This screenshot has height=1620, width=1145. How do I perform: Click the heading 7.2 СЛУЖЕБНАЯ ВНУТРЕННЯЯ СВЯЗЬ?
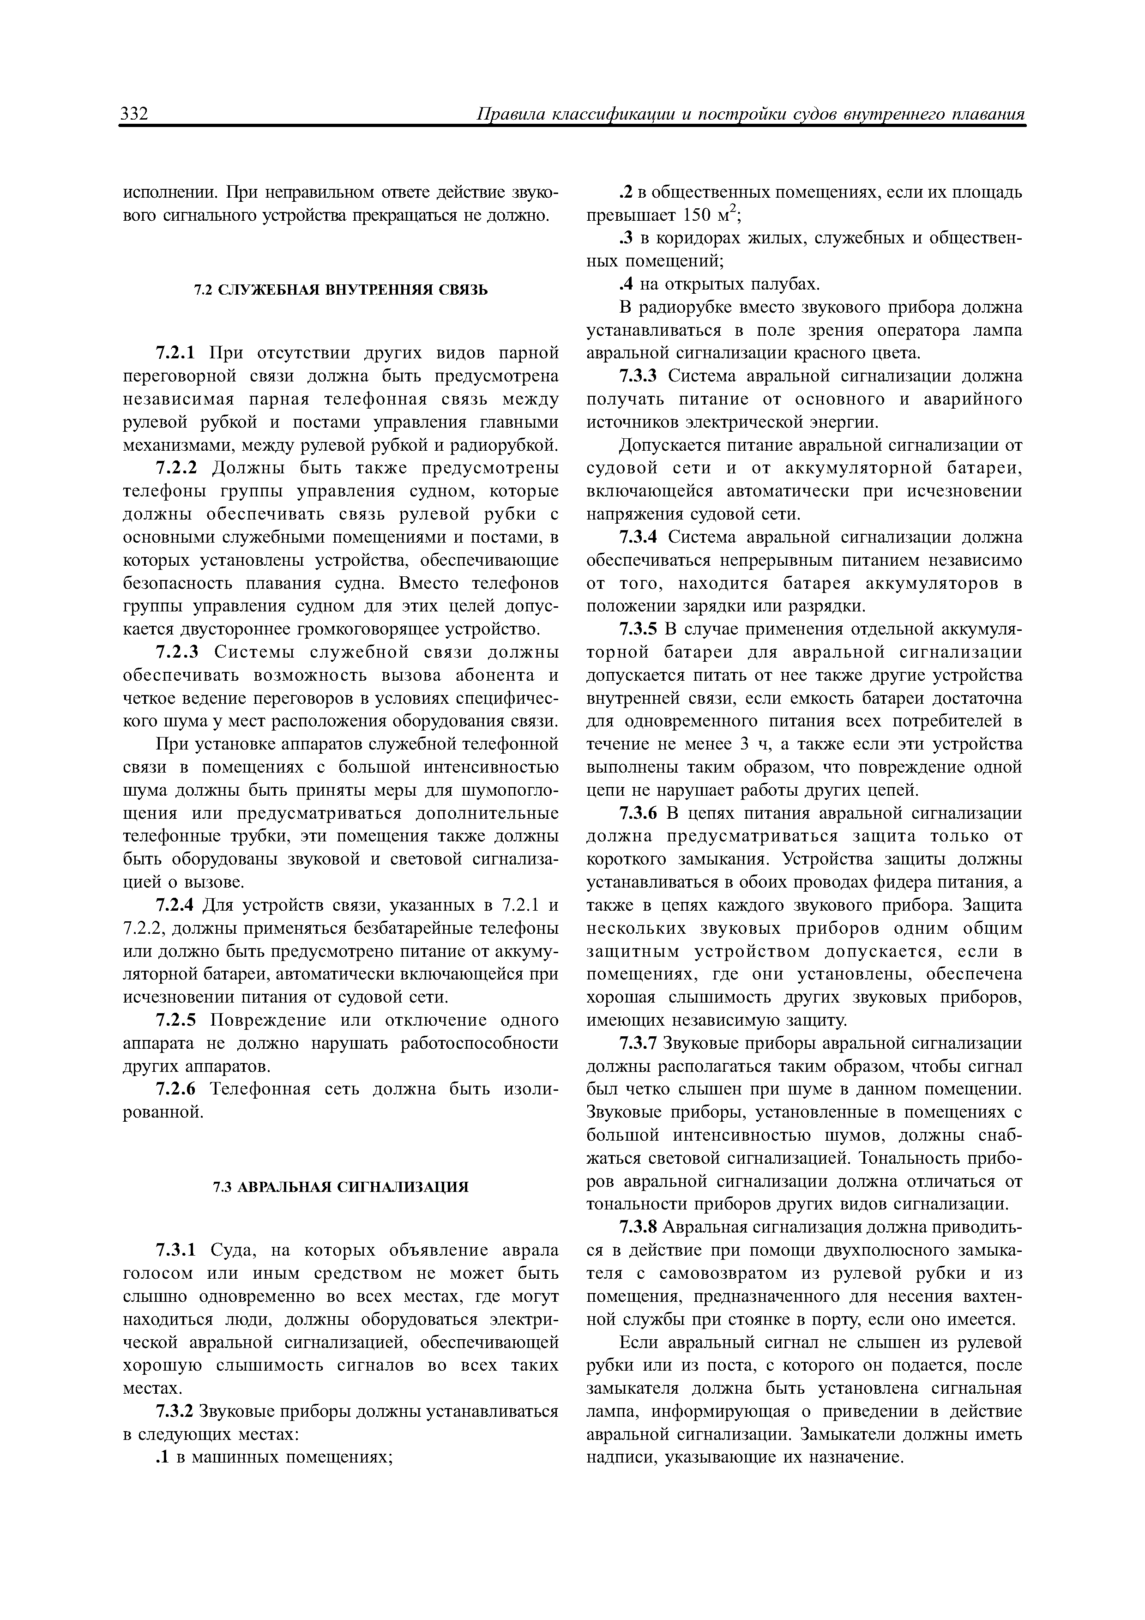341,290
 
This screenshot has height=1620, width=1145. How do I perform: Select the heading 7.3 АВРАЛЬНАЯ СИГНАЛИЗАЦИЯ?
341,1187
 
